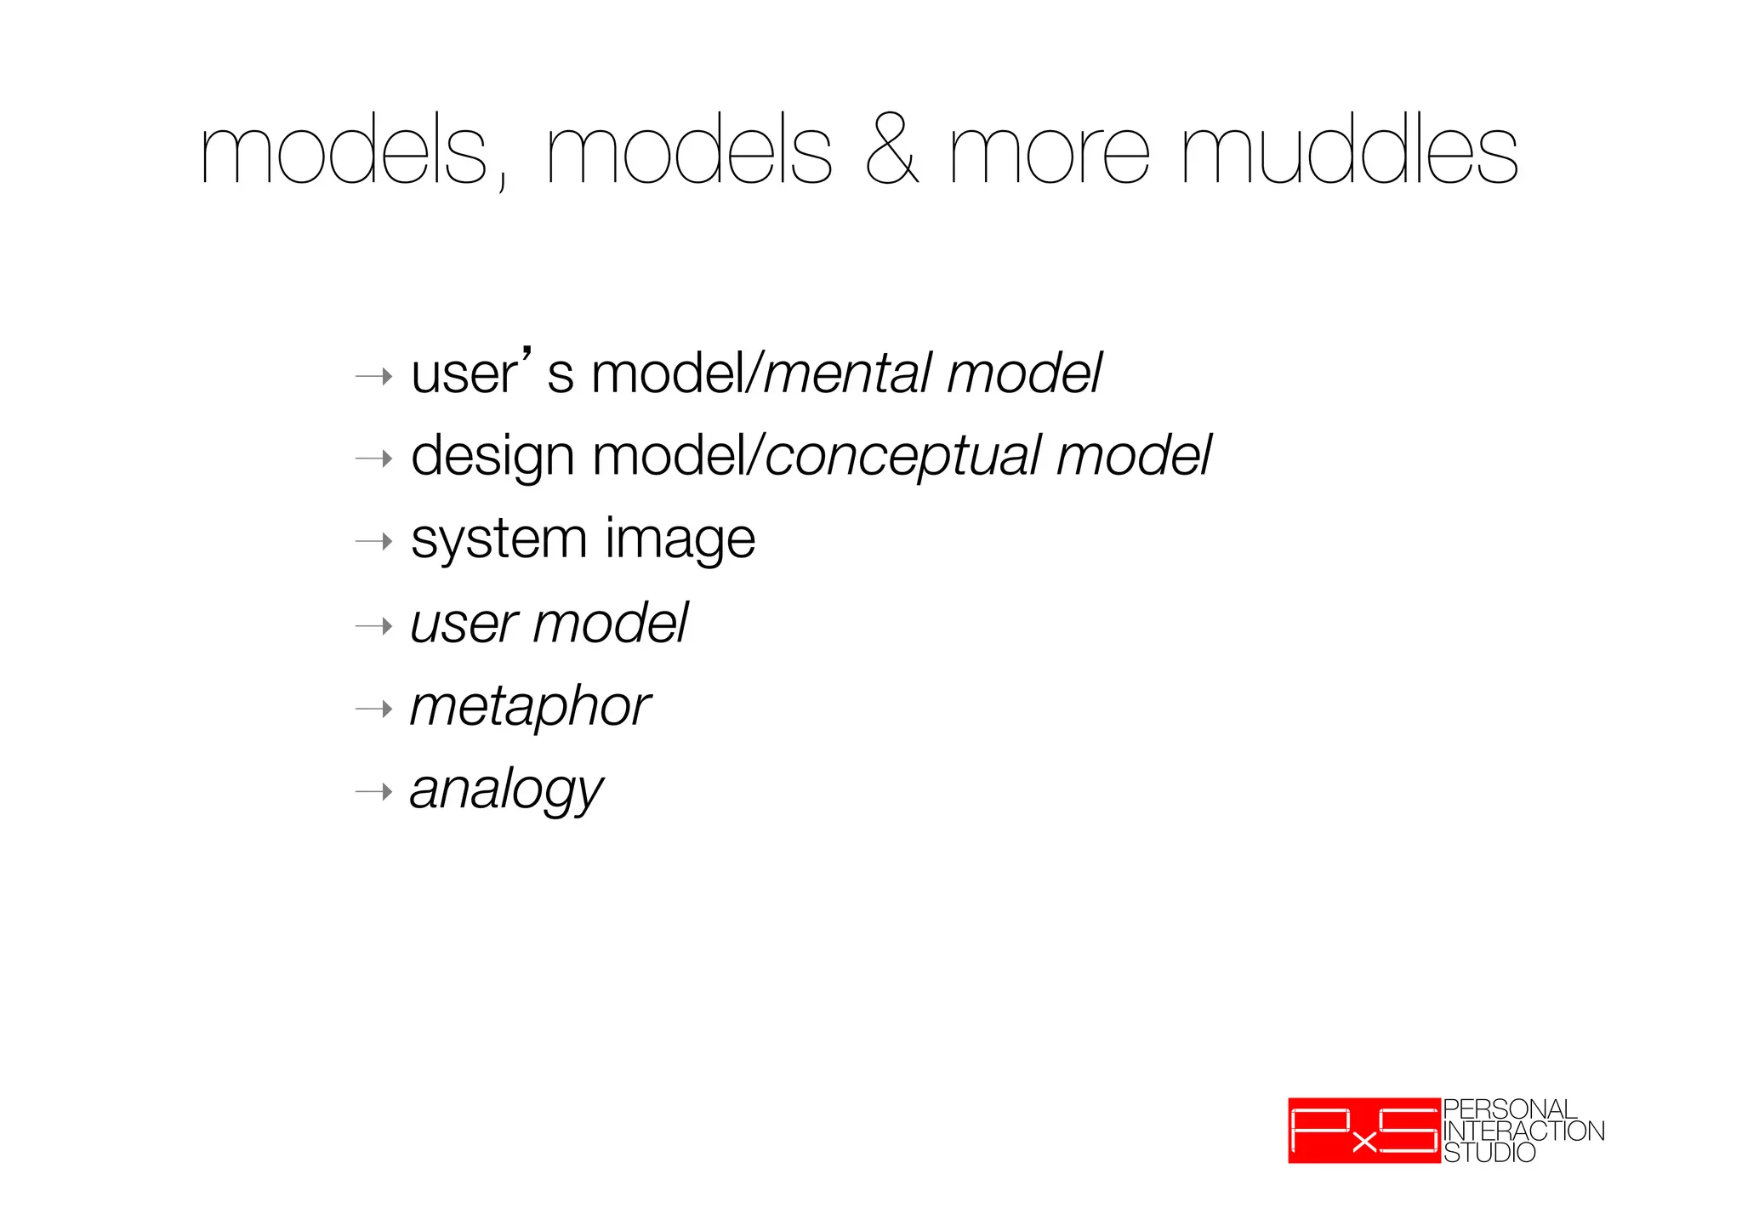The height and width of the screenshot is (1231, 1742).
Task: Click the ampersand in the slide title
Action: pos(891,153)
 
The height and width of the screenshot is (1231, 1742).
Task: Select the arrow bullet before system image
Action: pos(374,541)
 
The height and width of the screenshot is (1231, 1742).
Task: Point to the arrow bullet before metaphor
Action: pos(374,709)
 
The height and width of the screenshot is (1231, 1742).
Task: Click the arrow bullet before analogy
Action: pos(374,792)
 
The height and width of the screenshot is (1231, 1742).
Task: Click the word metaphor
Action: pos(530,707)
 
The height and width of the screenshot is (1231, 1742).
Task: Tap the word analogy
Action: pos(506,790)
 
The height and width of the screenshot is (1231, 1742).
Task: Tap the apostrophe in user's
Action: pos(528,352)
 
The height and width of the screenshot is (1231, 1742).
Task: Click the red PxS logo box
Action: pos(1363,1131)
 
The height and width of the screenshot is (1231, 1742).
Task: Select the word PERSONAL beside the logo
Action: pos(1510,1109)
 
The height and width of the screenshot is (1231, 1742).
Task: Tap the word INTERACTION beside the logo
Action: pos(1523,1131)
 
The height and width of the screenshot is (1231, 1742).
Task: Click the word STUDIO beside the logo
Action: pos(1489,1153)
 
